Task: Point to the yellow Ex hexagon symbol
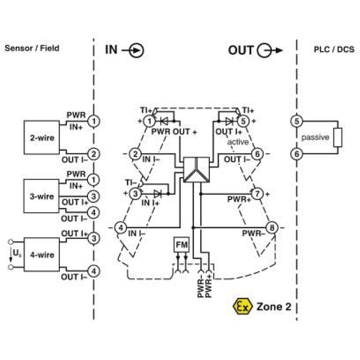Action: tap(243, 306)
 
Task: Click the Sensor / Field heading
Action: tap(32, 48)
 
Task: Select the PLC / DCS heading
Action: tap(334, 49)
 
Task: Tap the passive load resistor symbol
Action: tap(338, 137)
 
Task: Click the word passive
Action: tap(315, 137)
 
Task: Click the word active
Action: tap(238, 142)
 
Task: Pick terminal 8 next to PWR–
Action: tap(272, 228)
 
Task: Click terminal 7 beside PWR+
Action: tap(257, 194)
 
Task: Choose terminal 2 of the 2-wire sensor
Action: tap(94, 154)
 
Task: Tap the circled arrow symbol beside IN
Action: tap(136, 50)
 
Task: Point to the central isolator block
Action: tap(197, 170)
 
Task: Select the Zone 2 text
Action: tap(274, 306)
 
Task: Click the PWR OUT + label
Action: tap(174, 132)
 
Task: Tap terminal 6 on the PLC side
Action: tap(297, 154)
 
